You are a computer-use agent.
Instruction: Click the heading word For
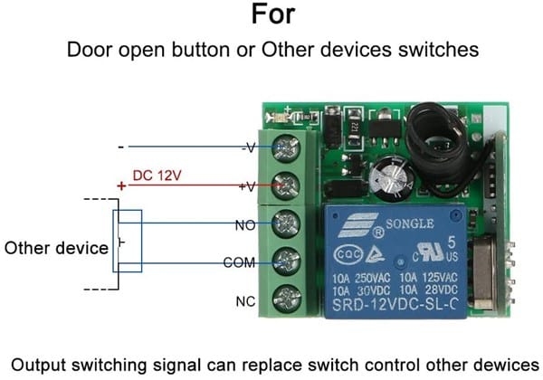point(272,15)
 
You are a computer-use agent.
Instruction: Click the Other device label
point(57,247)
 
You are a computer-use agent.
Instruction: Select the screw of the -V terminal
point(288,147)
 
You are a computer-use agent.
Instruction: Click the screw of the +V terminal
point(288,185)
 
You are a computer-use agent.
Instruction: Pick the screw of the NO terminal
point(288,223)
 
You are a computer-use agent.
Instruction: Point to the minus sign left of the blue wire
point(120,146)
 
